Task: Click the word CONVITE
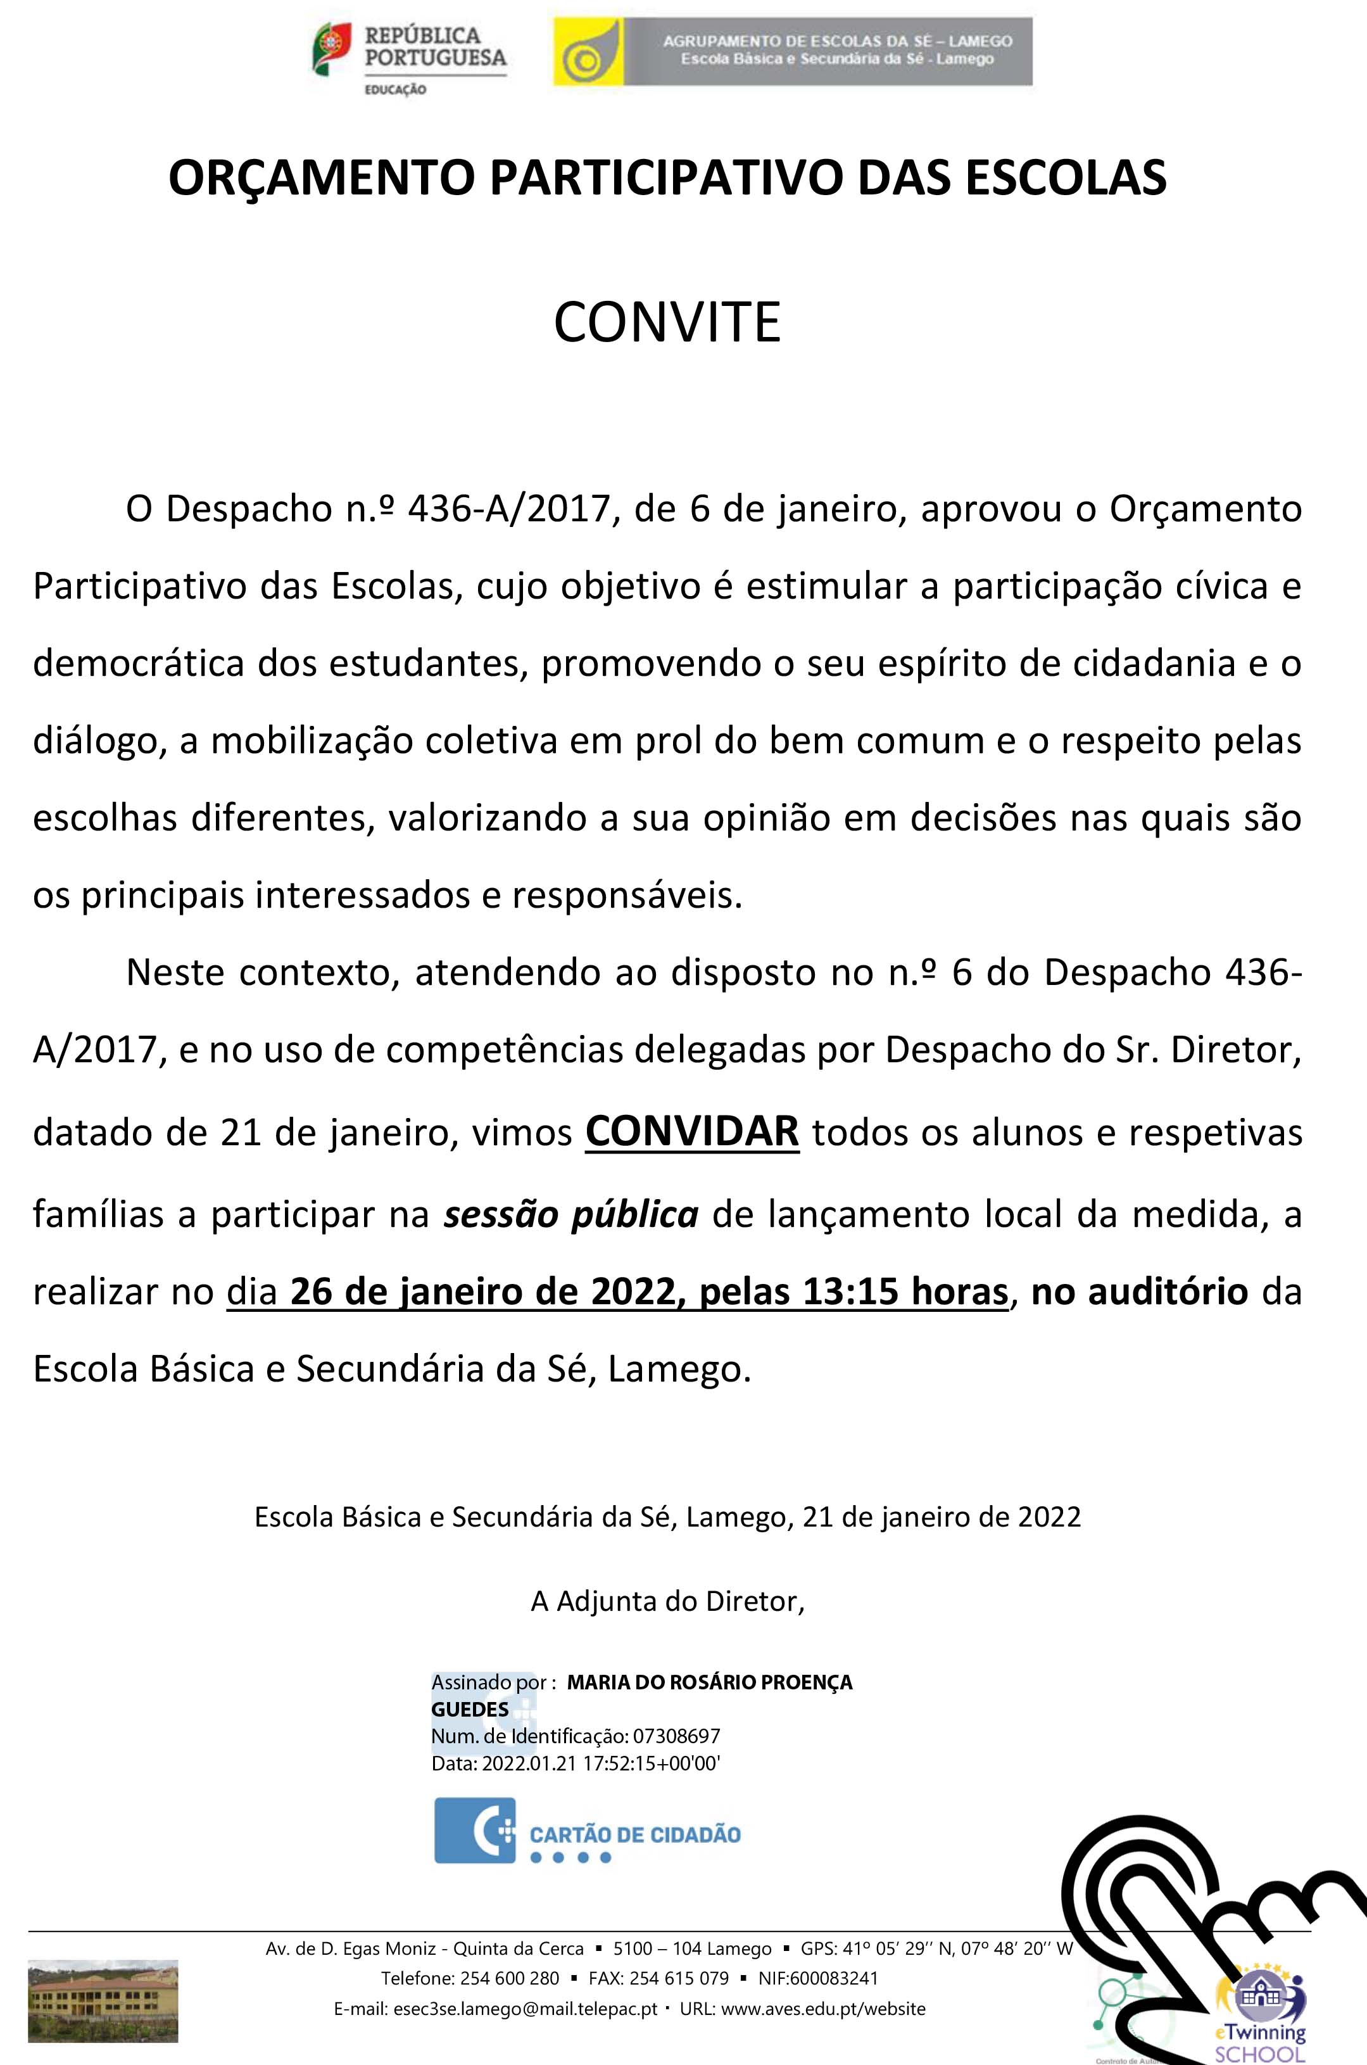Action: [x=667, y=322]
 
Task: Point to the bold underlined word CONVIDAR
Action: [x=692, y=1132]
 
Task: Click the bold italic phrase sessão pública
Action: [x=571, y=1214]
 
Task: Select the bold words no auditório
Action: [x=1140, y=1292]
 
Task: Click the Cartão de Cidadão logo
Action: [x=587, y=1831]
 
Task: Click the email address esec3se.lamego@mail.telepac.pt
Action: [x=526, y=2009]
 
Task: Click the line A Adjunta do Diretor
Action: [x=667, y=1601]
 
